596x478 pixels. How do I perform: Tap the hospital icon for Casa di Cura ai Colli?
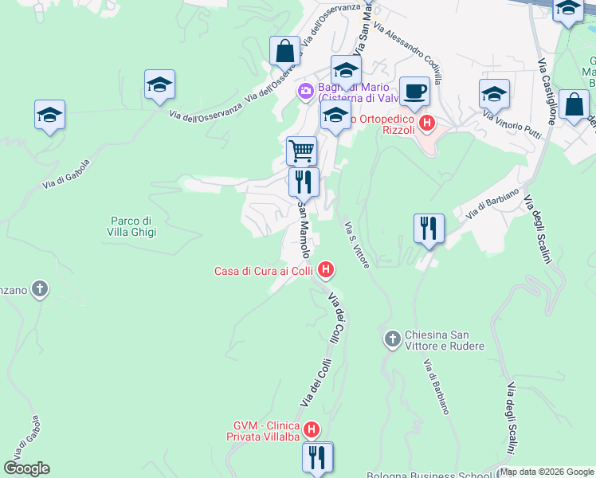click(x=325, y=271)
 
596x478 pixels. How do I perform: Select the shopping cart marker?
click(x=301, y=150)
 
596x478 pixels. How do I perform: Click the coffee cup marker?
click(x=414, y=91)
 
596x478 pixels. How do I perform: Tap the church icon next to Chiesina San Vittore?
click(x=392, y=339)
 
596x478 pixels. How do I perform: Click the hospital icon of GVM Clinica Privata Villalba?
click(x=312, y=430)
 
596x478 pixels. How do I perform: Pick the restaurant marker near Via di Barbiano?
click(x=429, y=229)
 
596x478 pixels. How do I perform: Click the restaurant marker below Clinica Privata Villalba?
click(x=317, y=457)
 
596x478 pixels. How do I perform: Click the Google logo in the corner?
click(x=26, y=468)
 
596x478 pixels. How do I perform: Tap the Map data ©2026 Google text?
click(x=546, y=472)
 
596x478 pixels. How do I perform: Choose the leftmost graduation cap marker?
click(x=49, y=116)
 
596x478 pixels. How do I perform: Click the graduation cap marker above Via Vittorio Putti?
click(x=494, y=94)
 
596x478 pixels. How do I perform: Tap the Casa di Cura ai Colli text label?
click(x=263, y=271)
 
